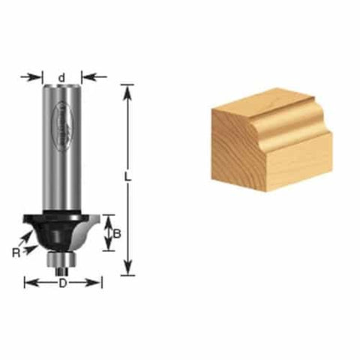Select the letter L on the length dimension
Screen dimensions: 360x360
point(128,178)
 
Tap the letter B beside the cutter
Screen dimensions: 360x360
point(116,233)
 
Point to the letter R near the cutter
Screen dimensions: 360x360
point(16,253)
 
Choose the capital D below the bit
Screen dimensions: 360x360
point(63,283)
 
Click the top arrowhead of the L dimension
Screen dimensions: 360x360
point(128,90)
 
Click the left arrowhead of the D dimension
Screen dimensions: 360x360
point(28,283)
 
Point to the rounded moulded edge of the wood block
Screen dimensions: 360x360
point(289,112)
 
